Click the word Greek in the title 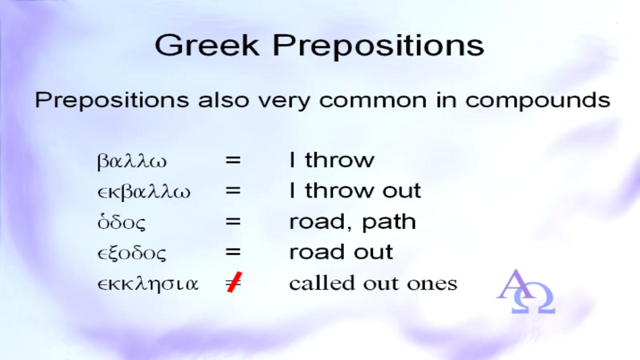207,45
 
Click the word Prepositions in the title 379,47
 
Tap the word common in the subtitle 373,100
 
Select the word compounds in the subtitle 538,101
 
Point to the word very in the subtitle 284,101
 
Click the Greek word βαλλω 132,162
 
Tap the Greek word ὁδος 122,222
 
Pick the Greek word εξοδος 132,253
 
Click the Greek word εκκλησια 148,284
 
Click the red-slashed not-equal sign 234,283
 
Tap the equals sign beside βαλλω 233,159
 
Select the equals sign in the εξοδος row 233,252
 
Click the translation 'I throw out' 355,190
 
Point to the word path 389,222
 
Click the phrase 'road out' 341,252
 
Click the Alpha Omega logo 525,291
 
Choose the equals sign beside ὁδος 233,221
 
